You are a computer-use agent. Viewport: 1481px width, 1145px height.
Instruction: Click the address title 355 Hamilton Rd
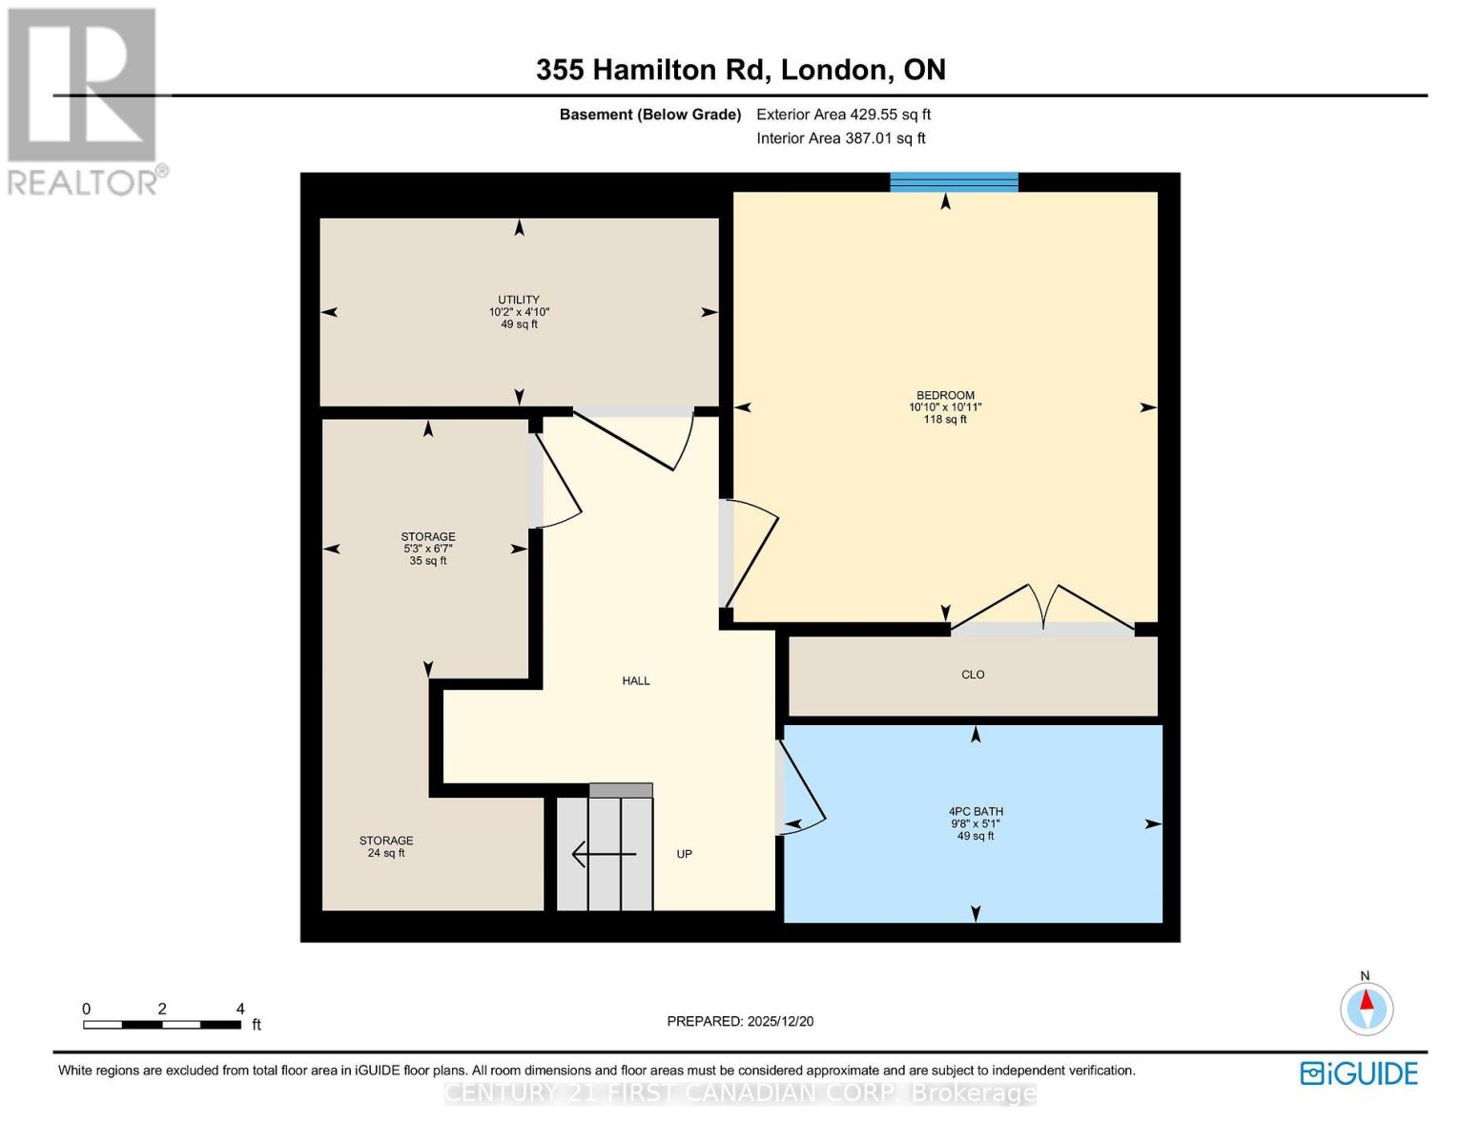coord(740,70)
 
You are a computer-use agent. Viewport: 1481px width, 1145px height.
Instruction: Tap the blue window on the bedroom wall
coord(954,182)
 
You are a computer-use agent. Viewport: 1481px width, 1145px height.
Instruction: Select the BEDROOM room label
coord(945,396)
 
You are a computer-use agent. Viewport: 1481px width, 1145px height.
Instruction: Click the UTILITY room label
coord(519,300)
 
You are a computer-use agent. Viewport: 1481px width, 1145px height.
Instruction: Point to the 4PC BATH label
coord(976,812)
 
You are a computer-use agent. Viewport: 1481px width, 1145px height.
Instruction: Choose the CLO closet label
coord(973,675)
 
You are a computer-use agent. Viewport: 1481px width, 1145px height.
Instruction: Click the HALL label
coord(636,681)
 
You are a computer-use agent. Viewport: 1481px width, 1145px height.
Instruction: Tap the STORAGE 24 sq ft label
coord(386,846)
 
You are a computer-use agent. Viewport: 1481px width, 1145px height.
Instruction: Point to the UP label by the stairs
coord(684,854)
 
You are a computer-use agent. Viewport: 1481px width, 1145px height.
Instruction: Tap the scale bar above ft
coord(161,1025)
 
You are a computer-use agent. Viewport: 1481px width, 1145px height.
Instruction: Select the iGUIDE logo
coord(1359,1073)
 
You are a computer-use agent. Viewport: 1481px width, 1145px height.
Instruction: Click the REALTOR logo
coord(83,100)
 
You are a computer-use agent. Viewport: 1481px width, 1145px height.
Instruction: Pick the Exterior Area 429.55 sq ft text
coord(843,114)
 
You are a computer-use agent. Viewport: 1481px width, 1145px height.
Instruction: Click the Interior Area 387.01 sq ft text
coord(840,138)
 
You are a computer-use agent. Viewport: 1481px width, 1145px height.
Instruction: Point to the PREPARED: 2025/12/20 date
coord(740,1021)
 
